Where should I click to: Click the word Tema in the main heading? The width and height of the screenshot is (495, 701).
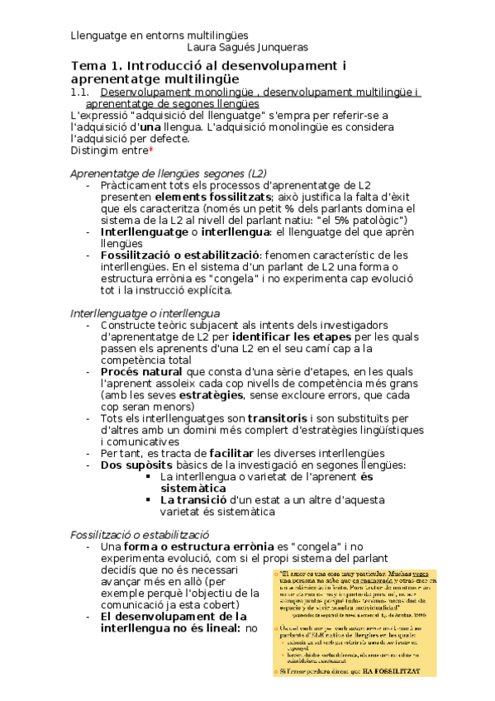pos(89,66)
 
